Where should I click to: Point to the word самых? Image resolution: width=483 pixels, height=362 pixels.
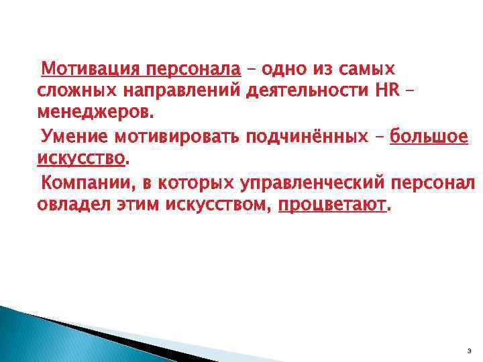coord(367,69)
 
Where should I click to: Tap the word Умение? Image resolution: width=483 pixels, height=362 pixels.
coord(75,137)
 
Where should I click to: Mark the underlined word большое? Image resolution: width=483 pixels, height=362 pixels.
coord(429,137)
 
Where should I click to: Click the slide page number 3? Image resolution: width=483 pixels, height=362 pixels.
coord(467,351)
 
